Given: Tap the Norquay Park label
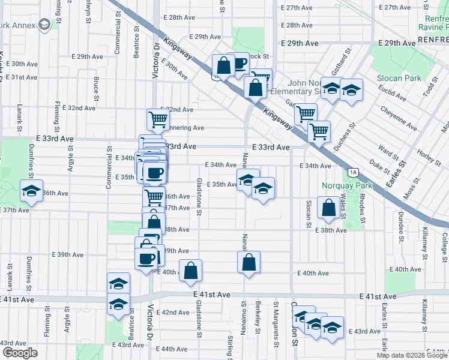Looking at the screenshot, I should pyautogui.click(x=346, y=185).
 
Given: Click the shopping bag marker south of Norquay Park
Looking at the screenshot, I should pyautogui.click(x=329, y=209).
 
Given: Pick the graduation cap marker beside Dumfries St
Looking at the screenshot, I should pyautogui.click(x=30, y=191).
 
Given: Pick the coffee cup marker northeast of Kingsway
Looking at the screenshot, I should pyautogui.click(x=240, y=64).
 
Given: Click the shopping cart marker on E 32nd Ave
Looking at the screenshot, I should pyautogui.click(x=157, y=119).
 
